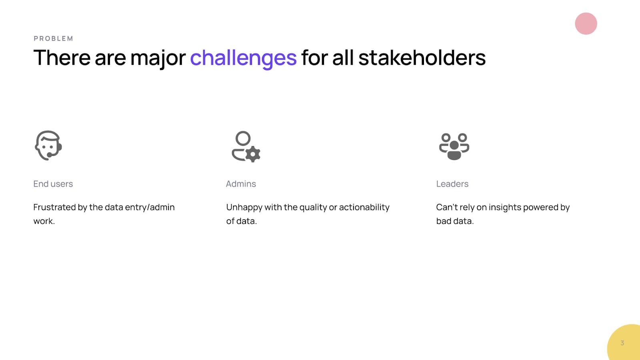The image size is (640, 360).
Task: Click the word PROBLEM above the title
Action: [54, 38]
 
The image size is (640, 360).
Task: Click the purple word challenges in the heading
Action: [244, 58]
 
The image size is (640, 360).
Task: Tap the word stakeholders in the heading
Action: [422, 58]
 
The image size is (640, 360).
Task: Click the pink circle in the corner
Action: [586, 24]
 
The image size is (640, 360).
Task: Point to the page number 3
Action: [622, 343]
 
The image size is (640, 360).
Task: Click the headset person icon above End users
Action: [48, 146]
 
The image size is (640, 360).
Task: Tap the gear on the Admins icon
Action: [253, 154]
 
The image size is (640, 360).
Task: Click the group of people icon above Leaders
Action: [454, 146]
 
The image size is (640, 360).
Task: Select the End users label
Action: [53, 184]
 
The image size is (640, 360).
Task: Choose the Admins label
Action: [241, 184]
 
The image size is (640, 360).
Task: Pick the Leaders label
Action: [452, 184]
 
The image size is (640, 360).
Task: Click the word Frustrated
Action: [54, 207]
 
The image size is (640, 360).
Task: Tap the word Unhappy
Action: [244, 208]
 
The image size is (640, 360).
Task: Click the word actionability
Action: [364, 208]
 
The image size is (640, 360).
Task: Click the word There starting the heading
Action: [62, 58]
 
